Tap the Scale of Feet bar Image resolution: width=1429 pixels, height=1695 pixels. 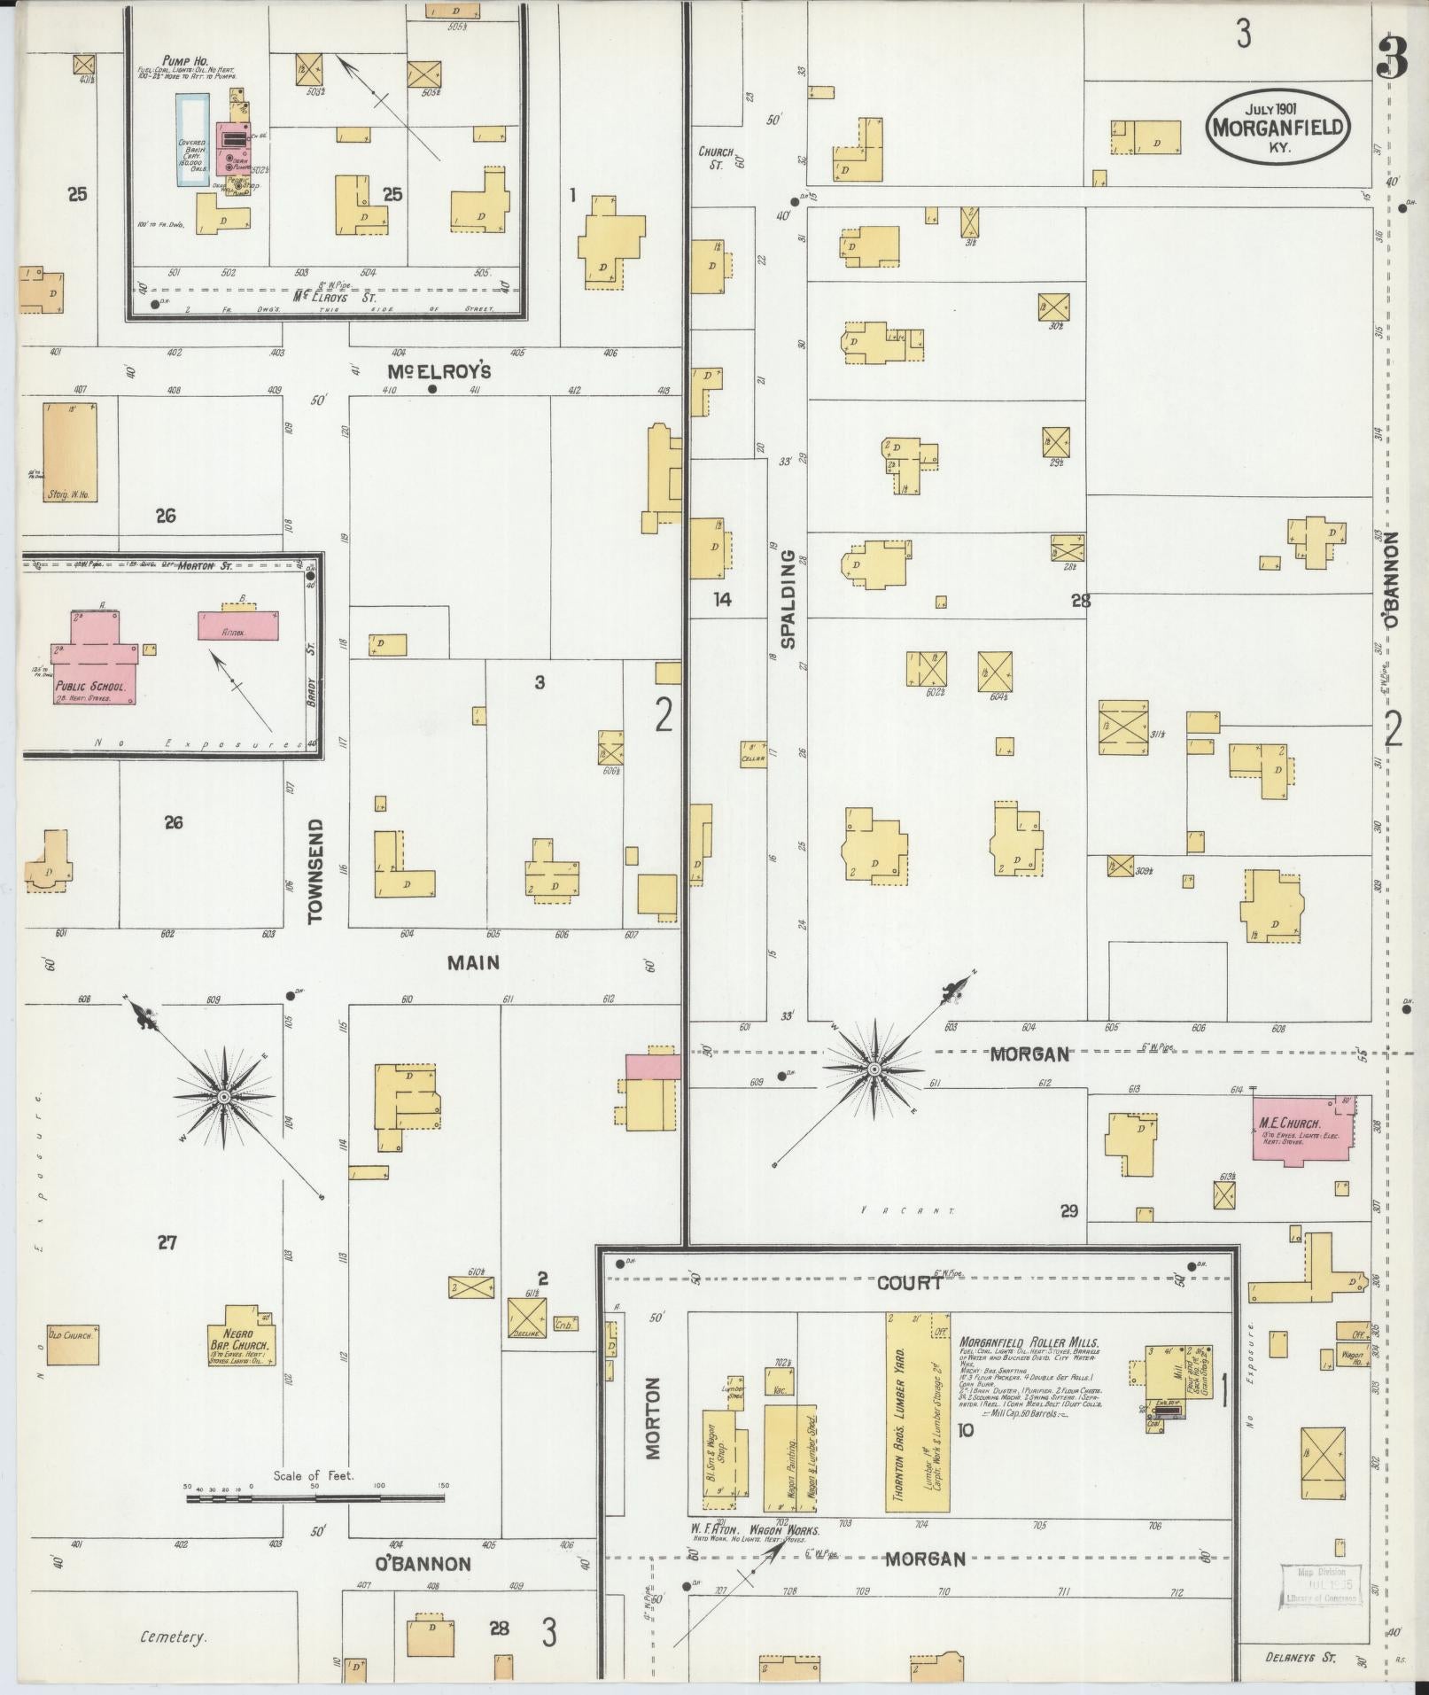(315, 1500)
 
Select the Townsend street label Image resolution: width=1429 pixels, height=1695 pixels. (315, 872)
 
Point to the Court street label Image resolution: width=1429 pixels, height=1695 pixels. (910, 1282)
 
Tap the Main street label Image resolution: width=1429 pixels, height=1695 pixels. (473, 963)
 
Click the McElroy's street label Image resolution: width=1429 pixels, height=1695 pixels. (439, 371)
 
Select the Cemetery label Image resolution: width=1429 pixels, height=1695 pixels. (174, 1637)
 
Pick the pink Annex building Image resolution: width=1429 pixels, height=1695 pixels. (237, 626)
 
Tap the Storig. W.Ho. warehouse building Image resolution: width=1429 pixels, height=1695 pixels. (69, 451)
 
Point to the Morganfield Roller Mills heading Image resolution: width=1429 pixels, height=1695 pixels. (1029, 1367)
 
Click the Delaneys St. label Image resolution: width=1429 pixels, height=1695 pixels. (1301, 1657)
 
